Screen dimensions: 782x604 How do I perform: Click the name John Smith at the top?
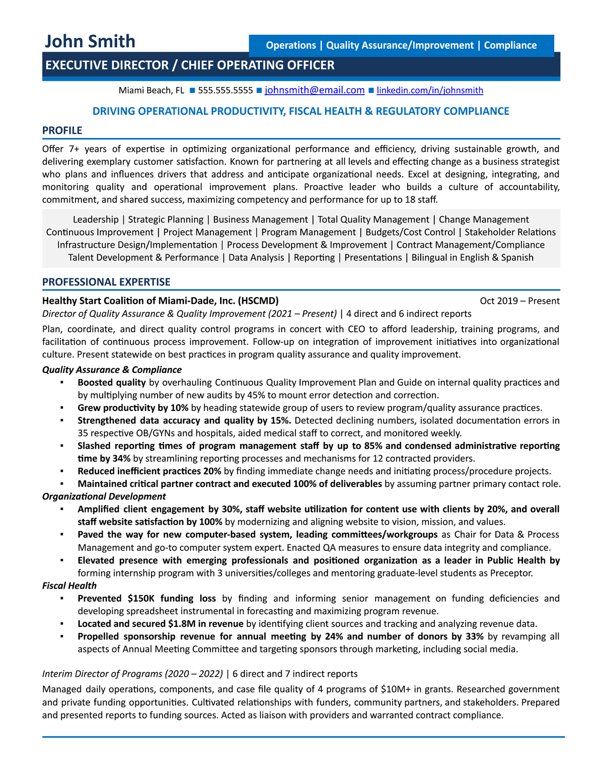pos(90,41)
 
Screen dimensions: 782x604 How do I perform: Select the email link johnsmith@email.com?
pos(315,90)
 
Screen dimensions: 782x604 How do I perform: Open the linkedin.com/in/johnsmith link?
pos(430,91)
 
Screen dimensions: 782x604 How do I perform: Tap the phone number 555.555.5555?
pos(225,91)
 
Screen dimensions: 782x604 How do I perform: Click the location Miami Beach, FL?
pos(151,91)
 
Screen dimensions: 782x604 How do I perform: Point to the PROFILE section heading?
pos(62,130)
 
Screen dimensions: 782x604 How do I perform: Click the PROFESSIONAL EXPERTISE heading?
pos(106,282)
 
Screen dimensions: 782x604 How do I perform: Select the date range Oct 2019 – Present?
pos(519,301)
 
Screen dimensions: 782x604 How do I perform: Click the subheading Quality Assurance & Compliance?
pos(112,370)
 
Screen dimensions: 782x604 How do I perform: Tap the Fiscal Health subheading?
pos(69,586)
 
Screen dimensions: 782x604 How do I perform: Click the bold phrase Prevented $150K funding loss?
pos(146,598)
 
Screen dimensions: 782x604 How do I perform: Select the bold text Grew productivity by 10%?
pos(133,408)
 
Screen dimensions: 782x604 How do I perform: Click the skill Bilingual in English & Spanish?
pos(472,257)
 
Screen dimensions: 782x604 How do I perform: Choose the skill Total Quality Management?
pos(373,220)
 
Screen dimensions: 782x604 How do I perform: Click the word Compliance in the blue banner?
pos(510,45)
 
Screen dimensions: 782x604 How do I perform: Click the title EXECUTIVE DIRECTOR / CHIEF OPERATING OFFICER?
pos(190,65)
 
